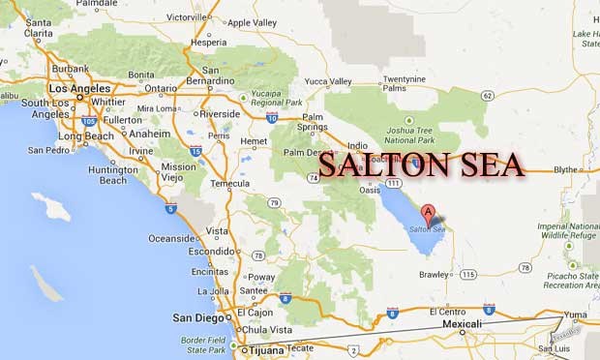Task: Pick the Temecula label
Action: point(230,182)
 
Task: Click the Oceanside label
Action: point(172,238)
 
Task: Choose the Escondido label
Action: point(212,250)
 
